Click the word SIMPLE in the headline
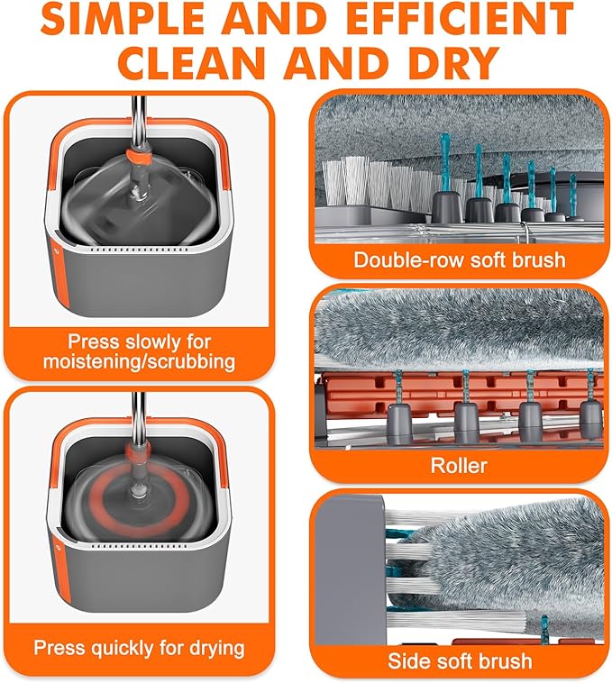(x=123, y=19)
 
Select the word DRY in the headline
(x=450, y=62)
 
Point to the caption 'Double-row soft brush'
(x=460, y=260)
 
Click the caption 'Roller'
(x=459, y=465)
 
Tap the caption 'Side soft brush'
(x=460, y=660)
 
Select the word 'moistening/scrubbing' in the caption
(x=140, y=361)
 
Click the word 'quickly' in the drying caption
(x=122, y=648)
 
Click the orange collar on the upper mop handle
(x=139, y=157)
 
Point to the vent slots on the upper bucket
(x=142, y=250)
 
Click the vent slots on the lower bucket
(x=142, y=545)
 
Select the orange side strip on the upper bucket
(x=61, y=270)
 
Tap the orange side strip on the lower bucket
(x=61, y=566)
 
